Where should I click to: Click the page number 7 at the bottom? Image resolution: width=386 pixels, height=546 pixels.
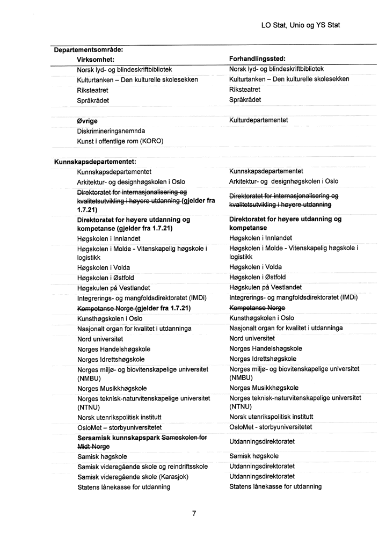(194, 513)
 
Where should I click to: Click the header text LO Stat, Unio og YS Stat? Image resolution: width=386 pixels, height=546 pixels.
(300, 25)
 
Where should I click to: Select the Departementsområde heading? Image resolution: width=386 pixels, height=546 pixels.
(89, 49)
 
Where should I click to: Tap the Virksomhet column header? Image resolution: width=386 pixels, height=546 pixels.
(97, 59)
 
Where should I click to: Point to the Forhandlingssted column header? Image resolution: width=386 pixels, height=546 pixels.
(257, 59)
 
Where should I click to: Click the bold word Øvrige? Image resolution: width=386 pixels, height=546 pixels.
(88, 121)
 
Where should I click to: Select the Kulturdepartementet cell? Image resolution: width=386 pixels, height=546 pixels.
(259, 120)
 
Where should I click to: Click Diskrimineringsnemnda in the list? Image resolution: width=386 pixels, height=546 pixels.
(111, 131)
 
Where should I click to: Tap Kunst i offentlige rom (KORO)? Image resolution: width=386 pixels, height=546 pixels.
(120, 141)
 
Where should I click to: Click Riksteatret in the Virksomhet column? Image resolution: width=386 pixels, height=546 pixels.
(93, 90)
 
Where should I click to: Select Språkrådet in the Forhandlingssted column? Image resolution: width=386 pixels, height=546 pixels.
(245, 100)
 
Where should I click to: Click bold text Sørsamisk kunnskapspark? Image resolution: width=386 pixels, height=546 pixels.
(120, 438)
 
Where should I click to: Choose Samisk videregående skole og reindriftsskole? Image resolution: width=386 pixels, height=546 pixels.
(143, 467)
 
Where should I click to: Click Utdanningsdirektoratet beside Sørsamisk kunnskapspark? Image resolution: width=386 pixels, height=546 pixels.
(262, 441)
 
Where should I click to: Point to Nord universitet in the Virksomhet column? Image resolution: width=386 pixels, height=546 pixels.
(100, 339)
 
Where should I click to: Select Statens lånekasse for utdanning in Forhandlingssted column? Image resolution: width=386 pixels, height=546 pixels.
(275, 486)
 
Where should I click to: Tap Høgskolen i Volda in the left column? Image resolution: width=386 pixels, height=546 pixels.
(104, 267)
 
